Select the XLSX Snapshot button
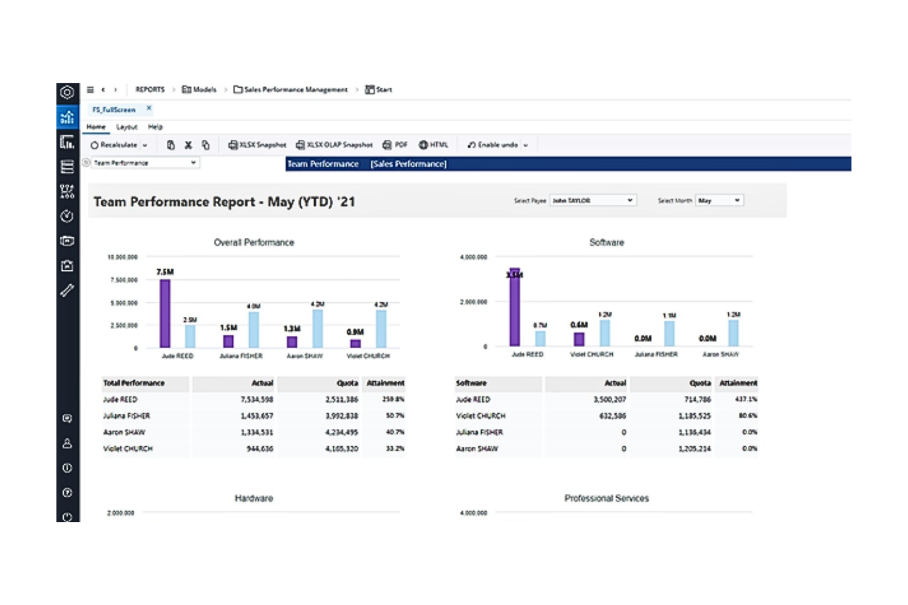coord(257,145)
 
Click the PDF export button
coord(395,145)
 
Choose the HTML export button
coord(433,145)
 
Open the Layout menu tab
coord(127,127)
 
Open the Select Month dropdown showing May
coord(718,200)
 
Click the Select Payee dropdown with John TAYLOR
coord(592,200)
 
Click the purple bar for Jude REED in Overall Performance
coord(165,313)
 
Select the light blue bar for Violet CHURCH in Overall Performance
coord(381,329)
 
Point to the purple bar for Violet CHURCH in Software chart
coord(579,339)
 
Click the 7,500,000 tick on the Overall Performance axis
coord(124,280)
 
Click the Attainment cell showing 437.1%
coord(745,399)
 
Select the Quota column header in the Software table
coord(699,383)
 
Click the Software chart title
coord(606,243)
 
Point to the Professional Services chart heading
coord(606,498)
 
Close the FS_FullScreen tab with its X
coord(148,108)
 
